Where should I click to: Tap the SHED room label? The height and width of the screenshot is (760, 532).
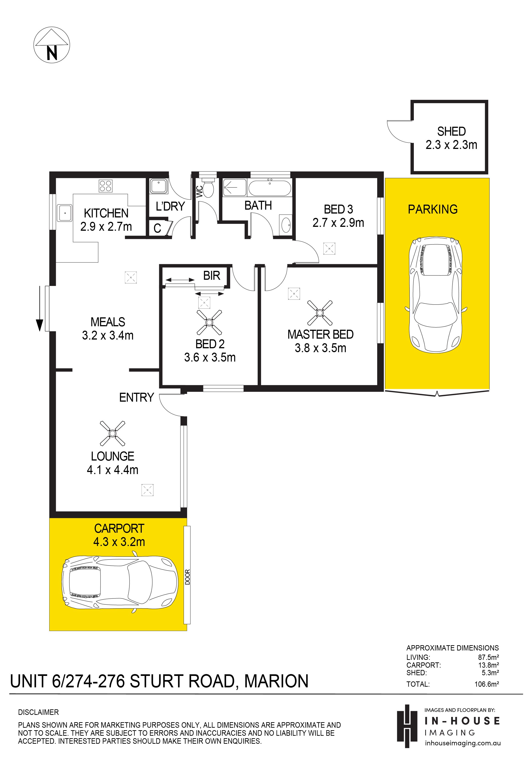click(451, 132)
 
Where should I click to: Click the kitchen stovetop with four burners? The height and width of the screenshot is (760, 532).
click(106, 186)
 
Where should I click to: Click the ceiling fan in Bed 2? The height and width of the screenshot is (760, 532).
click(209, 322)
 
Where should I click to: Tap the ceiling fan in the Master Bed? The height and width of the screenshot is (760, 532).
click(320, 313)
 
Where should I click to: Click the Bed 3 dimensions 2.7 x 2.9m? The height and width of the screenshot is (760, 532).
click(338, 223)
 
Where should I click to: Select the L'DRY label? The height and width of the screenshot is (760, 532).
click(170, 206)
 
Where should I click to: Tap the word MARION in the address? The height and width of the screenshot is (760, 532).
click(276, 681)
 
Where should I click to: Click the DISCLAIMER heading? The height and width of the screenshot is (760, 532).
click(38, 712)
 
